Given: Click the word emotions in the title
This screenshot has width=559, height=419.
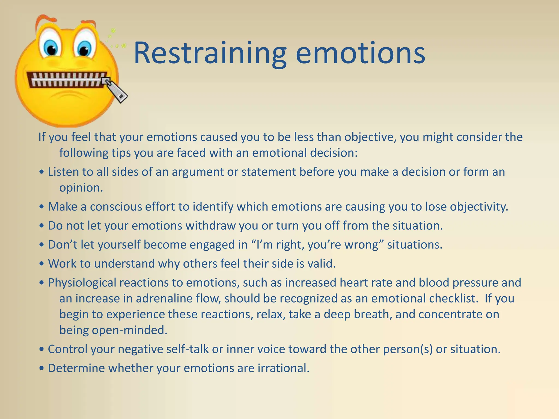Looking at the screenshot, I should pyautogui.click(x=360, y=53).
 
